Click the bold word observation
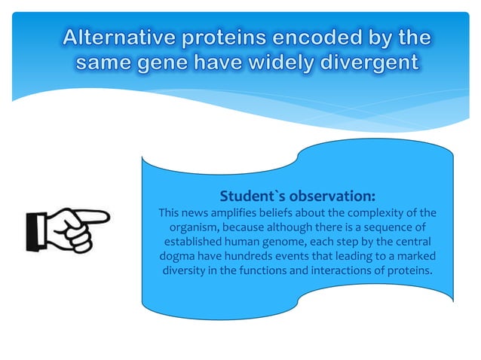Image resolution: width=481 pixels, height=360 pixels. click(x=333, y=197)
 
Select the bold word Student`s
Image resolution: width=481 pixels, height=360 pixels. click(x=253, y=197)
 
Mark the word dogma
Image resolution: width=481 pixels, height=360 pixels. click(x=173, y=257)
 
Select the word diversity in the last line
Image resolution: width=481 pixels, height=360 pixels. click(x=191, y=271)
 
